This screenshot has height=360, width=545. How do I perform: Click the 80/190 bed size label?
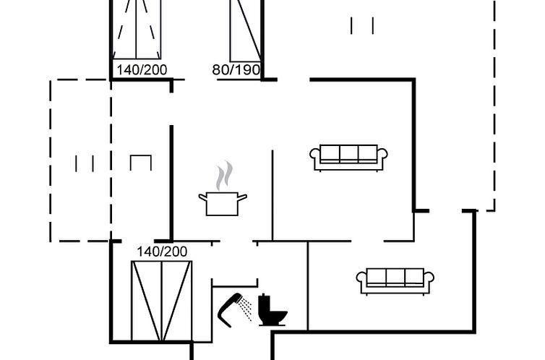coord(236,70)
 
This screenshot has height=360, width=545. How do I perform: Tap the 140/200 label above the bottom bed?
coord(162,252)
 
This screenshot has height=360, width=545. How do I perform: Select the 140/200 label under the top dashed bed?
coord(142,70)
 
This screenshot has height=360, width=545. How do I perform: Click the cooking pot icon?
coord(223,204)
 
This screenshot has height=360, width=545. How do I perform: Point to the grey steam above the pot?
coord(224,176)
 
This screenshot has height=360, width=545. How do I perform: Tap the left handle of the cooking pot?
coord(202,197)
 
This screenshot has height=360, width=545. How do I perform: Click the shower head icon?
coord(230,310)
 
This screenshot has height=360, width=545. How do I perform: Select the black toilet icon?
coord(272,310)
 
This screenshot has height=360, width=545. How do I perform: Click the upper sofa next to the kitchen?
coord(348,158)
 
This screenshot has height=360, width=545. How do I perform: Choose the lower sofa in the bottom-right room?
coord(395,281)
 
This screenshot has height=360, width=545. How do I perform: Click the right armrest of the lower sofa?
coord(429,278)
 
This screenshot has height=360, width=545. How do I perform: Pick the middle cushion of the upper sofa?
coord(348,153)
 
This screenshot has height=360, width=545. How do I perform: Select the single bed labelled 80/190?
coord(245,30)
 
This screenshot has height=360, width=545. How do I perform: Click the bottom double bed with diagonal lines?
coord(162,301)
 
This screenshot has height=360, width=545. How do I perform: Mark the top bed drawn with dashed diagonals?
coord(136,30)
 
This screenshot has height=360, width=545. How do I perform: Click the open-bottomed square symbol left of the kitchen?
coord(141,163)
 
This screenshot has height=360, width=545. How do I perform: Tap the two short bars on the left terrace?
coord(85,163)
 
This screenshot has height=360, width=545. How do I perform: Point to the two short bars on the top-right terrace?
coord(362,26)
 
